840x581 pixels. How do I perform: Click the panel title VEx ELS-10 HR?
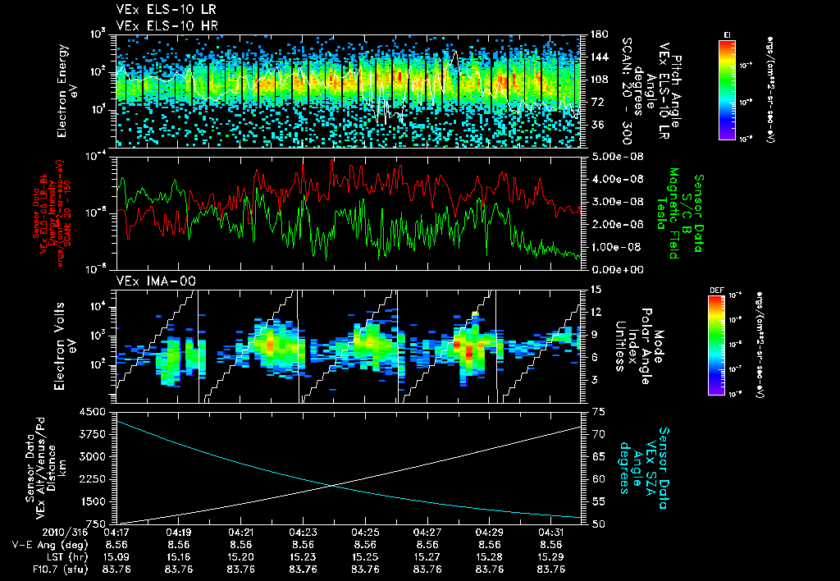pos(155,25)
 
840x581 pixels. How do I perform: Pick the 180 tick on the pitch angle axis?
pos(598,34)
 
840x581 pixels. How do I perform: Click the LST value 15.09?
pos(116,556)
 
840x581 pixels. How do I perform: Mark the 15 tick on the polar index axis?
pos(595,289)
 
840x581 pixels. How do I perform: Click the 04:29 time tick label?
pos(490,532)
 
